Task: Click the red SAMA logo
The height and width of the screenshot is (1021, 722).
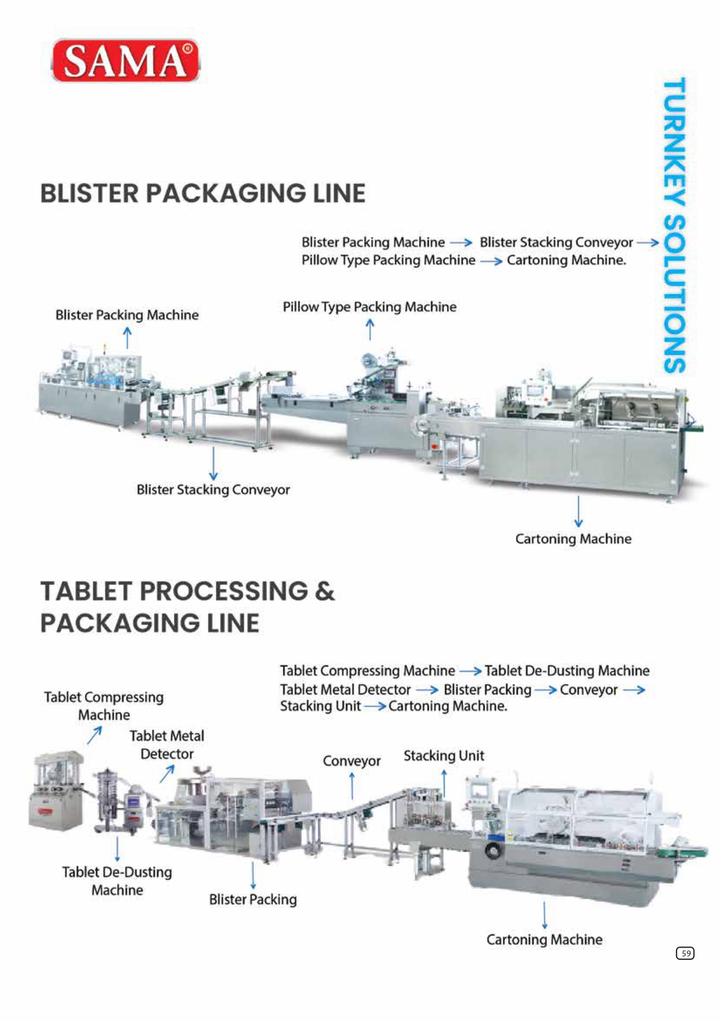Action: point(126,61)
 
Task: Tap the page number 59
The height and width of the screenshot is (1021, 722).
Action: point(685,953)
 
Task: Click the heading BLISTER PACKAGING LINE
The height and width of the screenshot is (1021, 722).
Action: point(202,193)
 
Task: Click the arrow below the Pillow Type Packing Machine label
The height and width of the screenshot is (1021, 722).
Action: point(369,329)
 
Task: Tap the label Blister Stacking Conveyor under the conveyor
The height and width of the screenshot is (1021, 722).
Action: point(213,490)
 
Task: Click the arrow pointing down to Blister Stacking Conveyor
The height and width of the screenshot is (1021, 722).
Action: point(214,463)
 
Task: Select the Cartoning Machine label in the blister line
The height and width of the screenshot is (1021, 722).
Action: point(573,539)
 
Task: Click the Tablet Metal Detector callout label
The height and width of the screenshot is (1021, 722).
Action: point(167,745)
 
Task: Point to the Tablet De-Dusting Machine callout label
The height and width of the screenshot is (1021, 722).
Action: point(117,881)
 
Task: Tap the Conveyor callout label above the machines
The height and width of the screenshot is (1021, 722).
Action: point(351,761)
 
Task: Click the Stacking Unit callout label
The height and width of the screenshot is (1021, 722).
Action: point(444,756)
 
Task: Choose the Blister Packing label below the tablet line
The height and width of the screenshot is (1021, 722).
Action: point(253,899)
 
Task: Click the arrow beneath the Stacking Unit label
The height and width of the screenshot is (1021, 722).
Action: point(444,783)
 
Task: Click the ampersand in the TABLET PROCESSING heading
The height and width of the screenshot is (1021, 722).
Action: point(325,591)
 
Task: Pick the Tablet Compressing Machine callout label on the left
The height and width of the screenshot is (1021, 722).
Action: point(104,706)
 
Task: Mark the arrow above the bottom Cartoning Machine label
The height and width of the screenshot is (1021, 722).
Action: point(545,915)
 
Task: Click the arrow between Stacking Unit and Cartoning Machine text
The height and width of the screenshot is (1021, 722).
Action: point(375,706)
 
